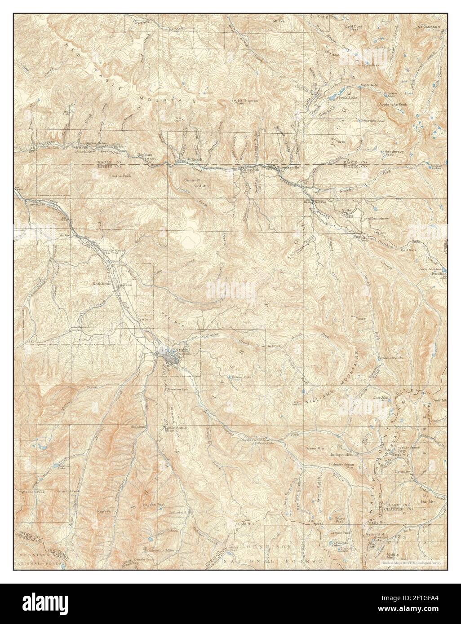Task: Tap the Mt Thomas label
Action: (248, 101)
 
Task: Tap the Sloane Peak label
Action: (119, 176)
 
